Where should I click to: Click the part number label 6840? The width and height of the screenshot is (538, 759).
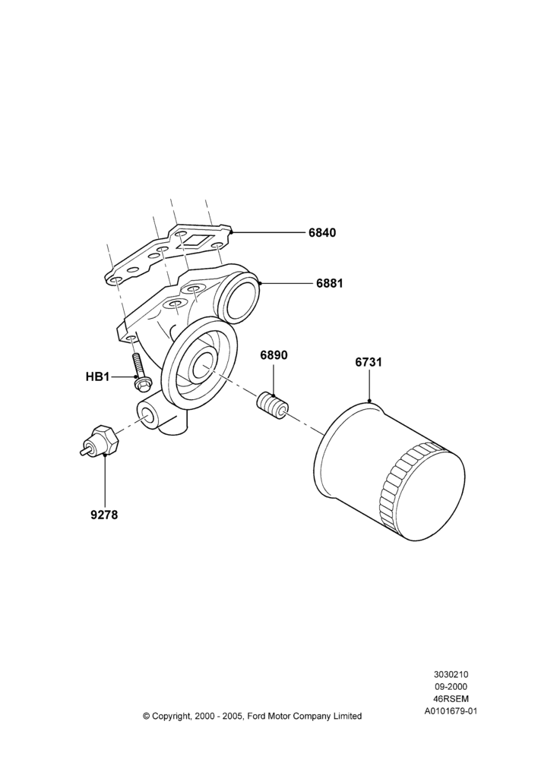click(x=322, y=233)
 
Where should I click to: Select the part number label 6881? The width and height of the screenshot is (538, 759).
click(x=330, y=283)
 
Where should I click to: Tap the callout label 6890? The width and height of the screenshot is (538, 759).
click(x=274, y=355)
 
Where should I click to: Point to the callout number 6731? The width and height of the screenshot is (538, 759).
click(x=369, y=362)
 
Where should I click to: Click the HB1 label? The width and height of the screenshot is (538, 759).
click(x=97, y=376)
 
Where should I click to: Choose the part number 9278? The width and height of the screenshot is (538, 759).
click(x=104, y=515)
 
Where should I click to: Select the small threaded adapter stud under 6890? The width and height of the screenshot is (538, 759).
click(x=272, y=408)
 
